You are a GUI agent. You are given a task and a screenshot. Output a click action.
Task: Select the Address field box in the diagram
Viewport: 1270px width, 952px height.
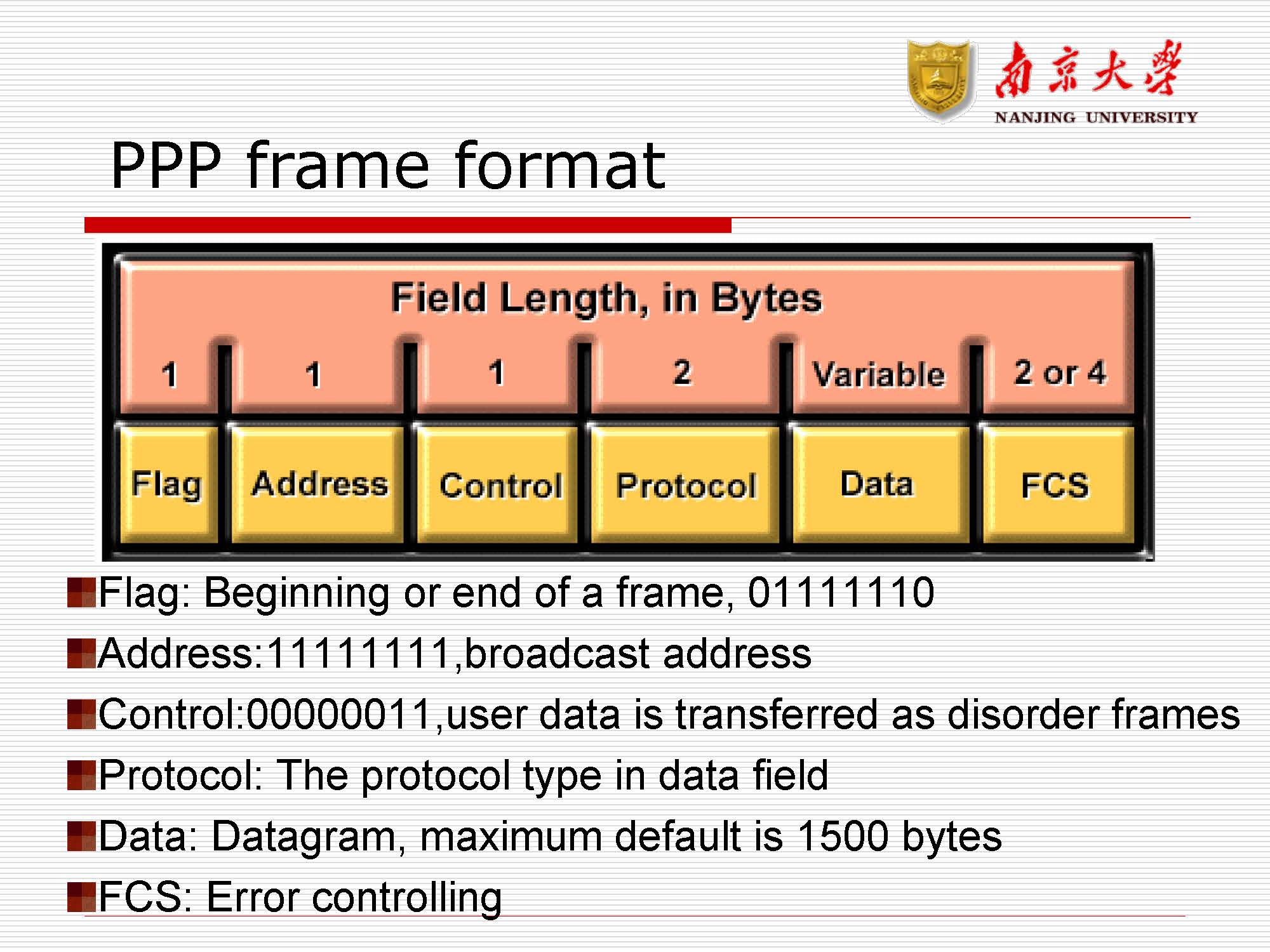click(x=317, y=484)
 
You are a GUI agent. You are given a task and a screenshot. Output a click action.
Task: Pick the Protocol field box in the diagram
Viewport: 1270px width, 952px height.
click(x=685, y=484)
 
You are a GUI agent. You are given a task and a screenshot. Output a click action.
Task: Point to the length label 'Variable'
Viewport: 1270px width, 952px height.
click(x=879, y=374)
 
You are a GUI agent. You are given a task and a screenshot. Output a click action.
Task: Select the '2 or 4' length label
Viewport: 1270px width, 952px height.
click(x=1060, y=372)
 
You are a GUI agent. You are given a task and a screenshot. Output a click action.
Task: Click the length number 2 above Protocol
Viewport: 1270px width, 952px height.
click(x=682, y=372)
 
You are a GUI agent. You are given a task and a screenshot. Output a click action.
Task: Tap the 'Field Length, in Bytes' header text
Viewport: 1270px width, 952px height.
click(x=606, y=298)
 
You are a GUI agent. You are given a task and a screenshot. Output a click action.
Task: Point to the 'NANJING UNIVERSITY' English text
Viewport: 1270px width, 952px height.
click(x=1096, y=117)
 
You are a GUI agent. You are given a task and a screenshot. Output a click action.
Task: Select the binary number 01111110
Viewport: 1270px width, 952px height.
click(x=841, y=592)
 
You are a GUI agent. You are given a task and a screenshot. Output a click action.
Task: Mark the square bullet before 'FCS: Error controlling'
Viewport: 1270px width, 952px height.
click(x=81, y=896)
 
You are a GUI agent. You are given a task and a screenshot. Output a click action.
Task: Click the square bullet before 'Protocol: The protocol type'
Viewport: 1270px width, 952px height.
click(x=81, y=775)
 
